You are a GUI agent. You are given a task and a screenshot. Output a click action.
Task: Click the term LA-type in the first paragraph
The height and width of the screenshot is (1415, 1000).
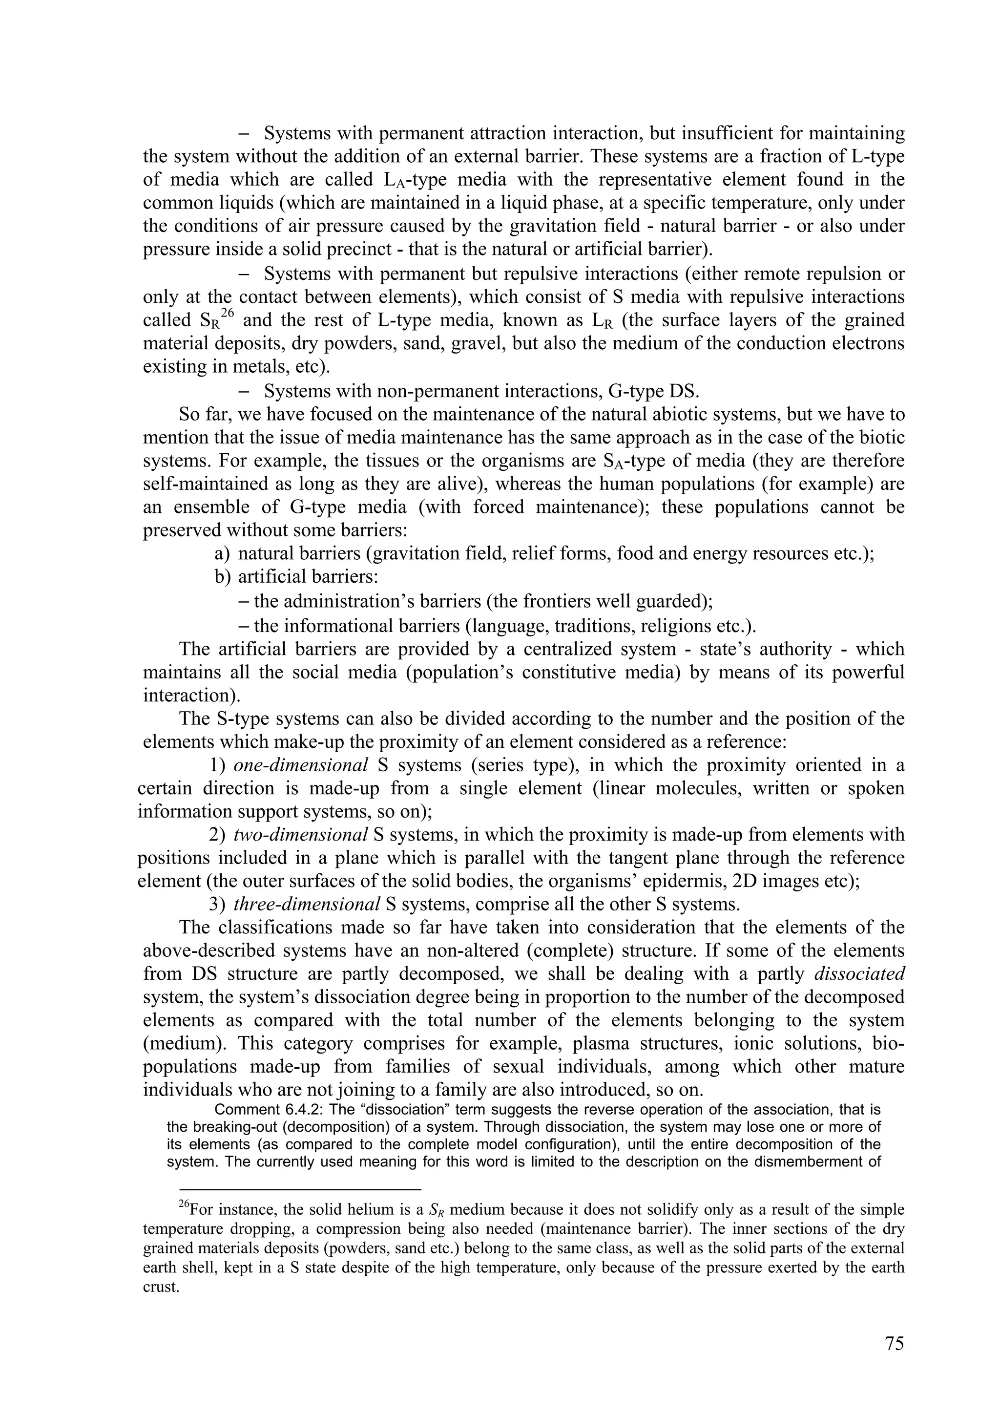[409, 180]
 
